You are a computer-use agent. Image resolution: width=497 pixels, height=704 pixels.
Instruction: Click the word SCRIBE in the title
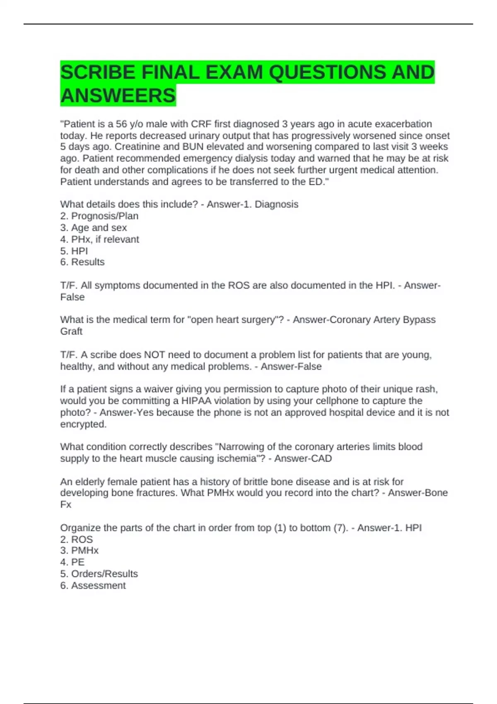(x=97, y=72)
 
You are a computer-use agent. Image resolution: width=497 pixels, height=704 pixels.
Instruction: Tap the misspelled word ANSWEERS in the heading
(x=118, y=96)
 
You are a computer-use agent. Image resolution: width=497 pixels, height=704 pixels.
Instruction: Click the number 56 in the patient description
(x=121, y=124)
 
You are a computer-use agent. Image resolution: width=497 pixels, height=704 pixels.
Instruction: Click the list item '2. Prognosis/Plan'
(x=99, y=216)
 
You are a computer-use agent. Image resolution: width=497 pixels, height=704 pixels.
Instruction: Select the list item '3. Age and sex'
(x=94, y=228)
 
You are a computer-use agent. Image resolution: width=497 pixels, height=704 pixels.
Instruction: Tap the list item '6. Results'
(x=82, y=262)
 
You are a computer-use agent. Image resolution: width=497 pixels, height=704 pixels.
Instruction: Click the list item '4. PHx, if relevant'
(x=99, y=239)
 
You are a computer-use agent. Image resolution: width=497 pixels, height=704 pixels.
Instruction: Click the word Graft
(x=71, y=331)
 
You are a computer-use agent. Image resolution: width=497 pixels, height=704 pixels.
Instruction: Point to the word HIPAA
(x=196, y=401)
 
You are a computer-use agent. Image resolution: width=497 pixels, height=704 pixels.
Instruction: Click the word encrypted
(x=83, y=424)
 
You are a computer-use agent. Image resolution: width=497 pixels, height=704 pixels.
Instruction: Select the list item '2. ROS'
(x=77, y=539)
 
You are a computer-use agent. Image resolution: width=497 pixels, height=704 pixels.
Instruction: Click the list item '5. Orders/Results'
(x=99, y=574)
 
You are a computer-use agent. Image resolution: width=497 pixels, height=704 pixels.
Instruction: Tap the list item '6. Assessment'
(x=93, y=586)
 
